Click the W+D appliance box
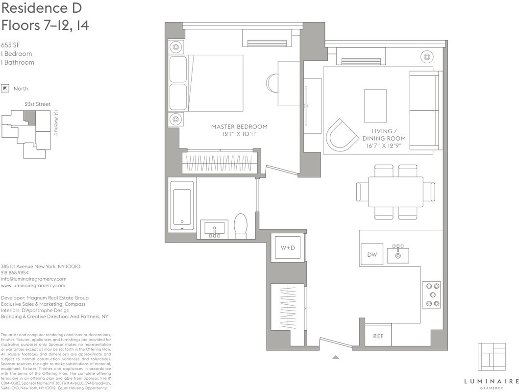288,248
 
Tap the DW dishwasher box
372,254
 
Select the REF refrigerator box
378,336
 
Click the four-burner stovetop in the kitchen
431,294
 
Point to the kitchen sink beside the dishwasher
398,254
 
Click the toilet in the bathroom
241,226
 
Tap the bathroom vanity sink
214,229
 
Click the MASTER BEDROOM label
239,126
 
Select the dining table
395,191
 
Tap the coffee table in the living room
375,105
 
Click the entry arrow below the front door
335,357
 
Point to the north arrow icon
5,88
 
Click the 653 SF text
10,45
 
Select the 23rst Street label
37,104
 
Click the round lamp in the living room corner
427,57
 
